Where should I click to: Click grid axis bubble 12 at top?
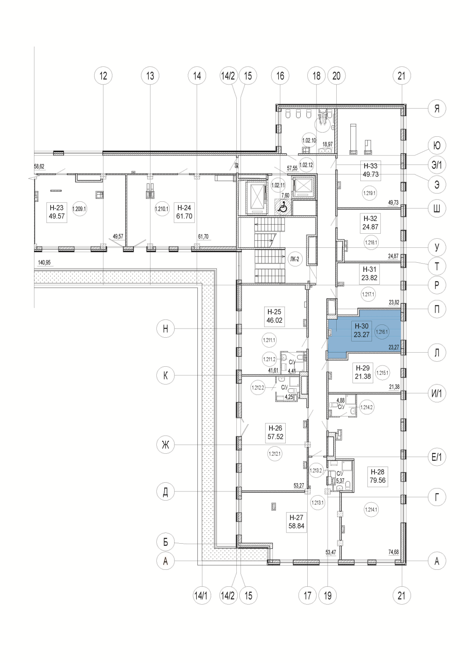point(103,76)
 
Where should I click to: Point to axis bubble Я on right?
point(437,109)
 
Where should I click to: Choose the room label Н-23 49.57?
point(57,212)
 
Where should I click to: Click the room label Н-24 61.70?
point(184,212)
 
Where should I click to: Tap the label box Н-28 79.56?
point(377,476)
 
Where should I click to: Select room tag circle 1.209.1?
point(79,209)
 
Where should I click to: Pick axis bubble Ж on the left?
point(165,445)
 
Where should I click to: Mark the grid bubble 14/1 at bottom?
point(202,596)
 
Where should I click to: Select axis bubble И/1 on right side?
point(437,394)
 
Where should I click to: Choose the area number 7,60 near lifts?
point(285,195)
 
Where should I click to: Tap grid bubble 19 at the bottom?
point(328,596)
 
